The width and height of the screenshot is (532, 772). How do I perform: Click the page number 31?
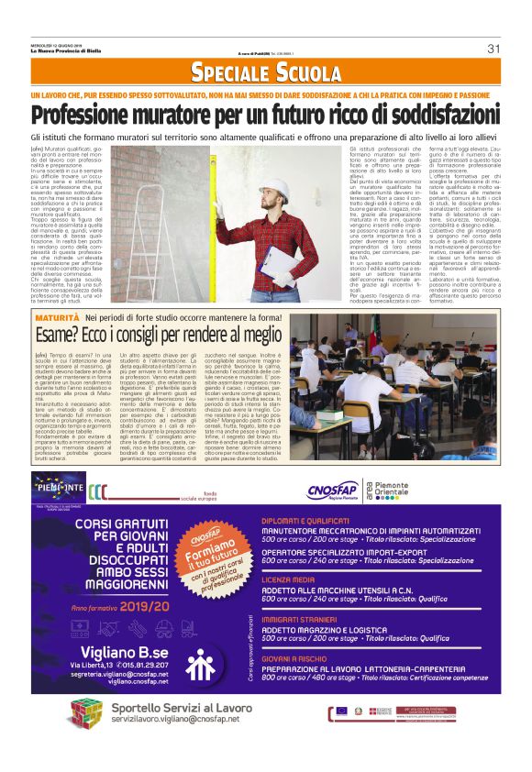(493, 49)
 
